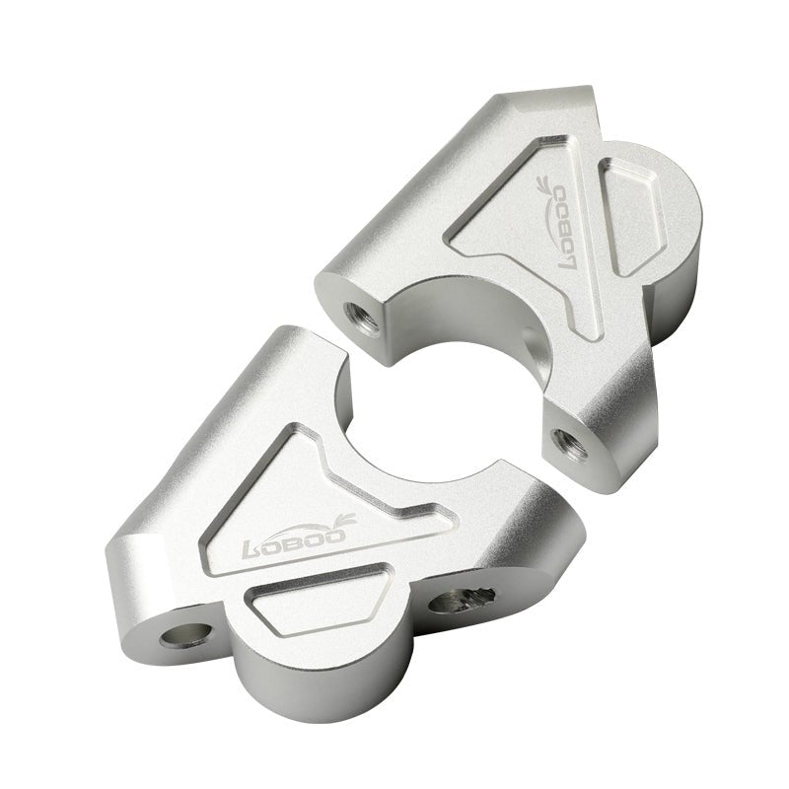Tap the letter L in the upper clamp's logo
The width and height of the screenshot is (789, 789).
pos(569,260)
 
